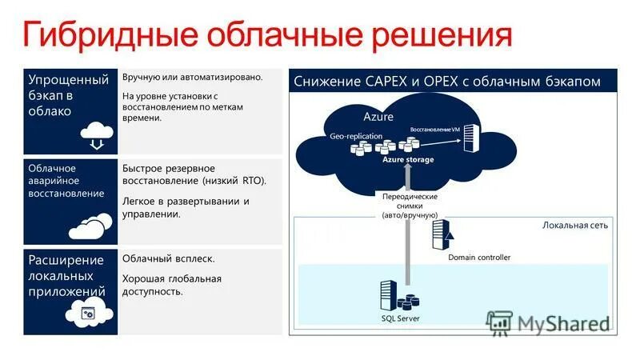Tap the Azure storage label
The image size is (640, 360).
point(408,160)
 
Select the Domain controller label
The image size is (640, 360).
point(478,257)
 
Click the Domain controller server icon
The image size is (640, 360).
point(441,234)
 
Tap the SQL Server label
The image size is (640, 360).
point(400,318)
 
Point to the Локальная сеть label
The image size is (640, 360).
point(574,225)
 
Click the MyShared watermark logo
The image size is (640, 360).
point(550,323)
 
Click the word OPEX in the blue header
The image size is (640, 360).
point(435,82)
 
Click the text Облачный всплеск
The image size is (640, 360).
point(168,259)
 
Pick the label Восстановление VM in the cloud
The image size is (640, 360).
point(435,129)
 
